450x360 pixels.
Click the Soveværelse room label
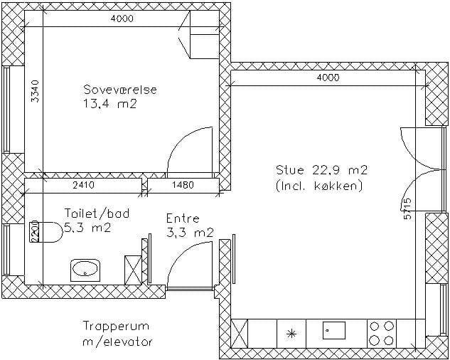pos(120,90)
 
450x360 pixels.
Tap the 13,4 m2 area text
pos(110,103)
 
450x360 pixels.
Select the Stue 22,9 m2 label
pos(321,170)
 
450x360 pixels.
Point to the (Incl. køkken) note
pos(319,186)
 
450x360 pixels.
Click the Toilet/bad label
pos(97,213)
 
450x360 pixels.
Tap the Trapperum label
pos(116,327)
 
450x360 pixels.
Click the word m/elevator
pos(117,342)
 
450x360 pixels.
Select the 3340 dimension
pos(34,91)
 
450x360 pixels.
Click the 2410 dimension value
pos(83,185)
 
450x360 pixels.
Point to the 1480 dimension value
pos(183,185)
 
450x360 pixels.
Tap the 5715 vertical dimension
pos(407,209)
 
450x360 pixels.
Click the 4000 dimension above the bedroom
pos(122,18)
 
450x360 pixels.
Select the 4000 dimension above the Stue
pos(328,78)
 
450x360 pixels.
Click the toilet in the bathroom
pos(46,232)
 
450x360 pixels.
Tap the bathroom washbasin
pos(85,270)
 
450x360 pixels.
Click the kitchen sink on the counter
pos(334,331)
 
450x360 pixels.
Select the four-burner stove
pos(382,334)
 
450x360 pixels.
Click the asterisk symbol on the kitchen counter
pos(291,334)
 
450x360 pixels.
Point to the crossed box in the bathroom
pos(133,270)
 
